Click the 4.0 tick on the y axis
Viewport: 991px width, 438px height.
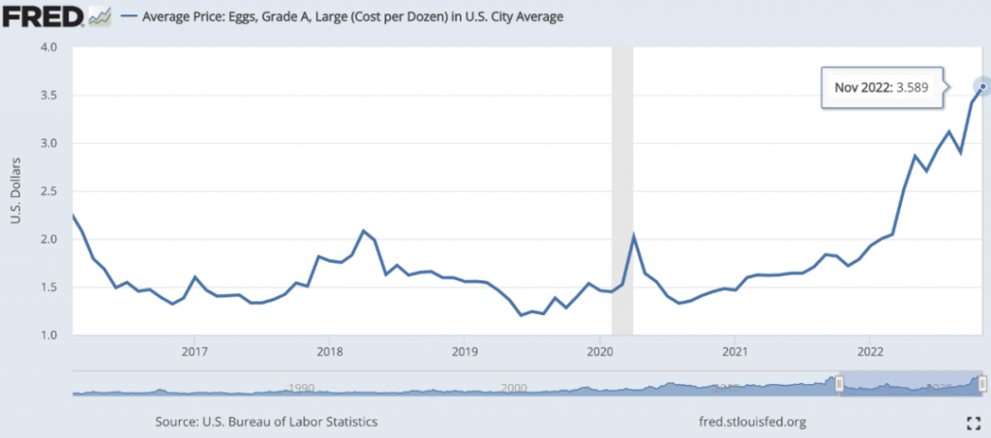click(49, 47)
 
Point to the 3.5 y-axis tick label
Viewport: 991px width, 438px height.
click(49, 96)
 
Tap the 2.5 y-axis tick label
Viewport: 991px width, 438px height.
click(49, 191)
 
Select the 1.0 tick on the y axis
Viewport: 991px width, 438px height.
click(49, 336)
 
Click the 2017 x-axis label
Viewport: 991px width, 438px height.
click(195, 350)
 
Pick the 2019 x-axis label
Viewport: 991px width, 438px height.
click(465, 350)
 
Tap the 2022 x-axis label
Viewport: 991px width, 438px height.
click(870, 350)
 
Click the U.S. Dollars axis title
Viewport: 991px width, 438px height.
click(15, 190)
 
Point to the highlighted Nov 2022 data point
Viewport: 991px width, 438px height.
click(983, 87)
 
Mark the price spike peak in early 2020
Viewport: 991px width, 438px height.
click(633, 235)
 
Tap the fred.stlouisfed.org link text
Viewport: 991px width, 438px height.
click(752, 422)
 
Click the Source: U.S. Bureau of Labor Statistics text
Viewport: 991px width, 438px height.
click(266, 422)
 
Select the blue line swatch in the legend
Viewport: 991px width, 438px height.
click(130, 16)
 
